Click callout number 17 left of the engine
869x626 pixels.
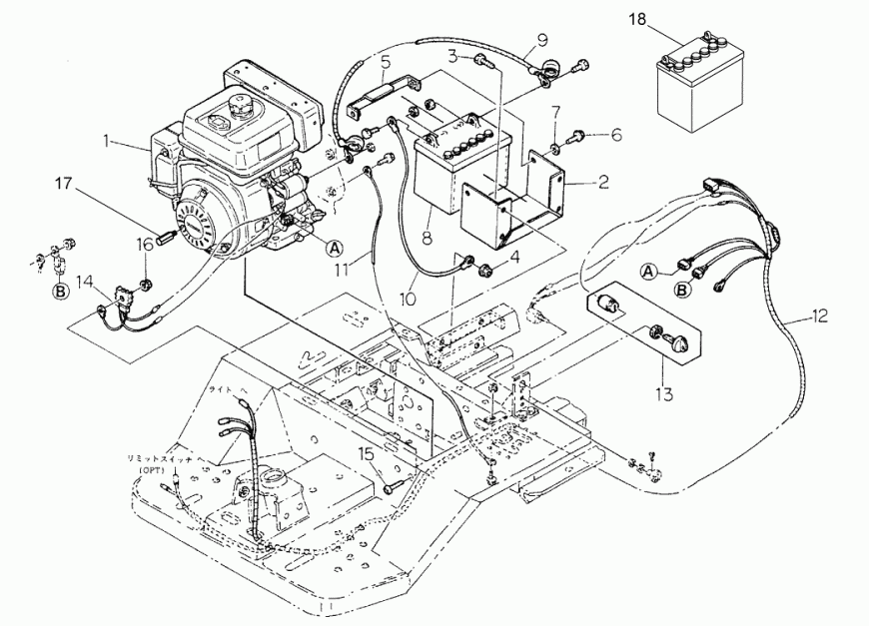click(64, 184)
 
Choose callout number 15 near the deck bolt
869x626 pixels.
click(367, 454)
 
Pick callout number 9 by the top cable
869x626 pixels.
click(542, 40)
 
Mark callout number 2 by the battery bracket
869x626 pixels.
click(603, 182)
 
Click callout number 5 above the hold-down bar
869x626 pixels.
click(386, 62)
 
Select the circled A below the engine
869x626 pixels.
click(334, 247)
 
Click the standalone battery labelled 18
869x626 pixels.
click(699, 84)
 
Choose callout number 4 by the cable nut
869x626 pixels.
click(515, 257)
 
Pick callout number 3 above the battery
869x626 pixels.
click(452, 54)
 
